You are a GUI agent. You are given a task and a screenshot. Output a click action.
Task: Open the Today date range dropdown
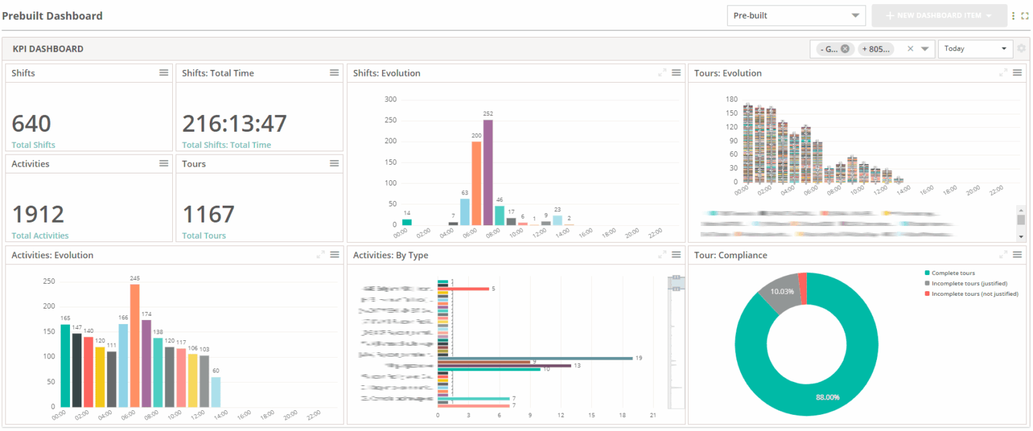pyautogui.click(x=975, y=48)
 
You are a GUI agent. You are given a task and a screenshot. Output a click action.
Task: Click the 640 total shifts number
pyautogui.click(x=32, y=124)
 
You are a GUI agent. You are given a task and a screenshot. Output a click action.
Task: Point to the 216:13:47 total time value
pyautogui.click(x=235, y=124)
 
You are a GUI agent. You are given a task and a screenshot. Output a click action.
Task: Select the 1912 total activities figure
pyautogui.click(x=38, y=214)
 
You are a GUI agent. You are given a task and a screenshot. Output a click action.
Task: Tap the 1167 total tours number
pyautogui.click(x=208, y=214)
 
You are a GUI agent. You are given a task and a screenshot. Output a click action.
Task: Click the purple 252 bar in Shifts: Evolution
pyautogui.click(x=488, y=172)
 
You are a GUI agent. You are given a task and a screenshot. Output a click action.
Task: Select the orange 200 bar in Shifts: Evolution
pyautogui.click(x=476, y=183)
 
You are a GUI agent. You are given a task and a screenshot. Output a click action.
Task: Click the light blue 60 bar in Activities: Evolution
pyautogui.click(x=216, y=391)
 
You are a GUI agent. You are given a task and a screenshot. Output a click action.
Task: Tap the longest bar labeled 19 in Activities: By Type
pyautogui.click(x=535, y=358)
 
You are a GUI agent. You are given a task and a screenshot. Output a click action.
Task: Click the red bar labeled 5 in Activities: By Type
pyautogui.click(x=463, y=289)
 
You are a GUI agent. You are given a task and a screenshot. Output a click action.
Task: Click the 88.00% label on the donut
pyautogui.click(x=827, y=397)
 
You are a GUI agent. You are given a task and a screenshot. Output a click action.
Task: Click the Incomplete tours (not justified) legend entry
pyautogui.click(x=974, y=294)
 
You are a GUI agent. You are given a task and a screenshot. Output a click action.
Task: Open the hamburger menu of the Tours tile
pyautogui.click(x=334, y=163)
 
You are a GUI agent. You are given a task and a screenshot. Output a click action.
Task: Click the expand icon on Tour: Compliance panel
pyautogui.click(x=1003, y=255)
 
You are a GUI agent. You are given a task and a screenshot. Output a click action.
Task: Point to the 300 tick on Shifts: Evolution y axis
pyautogui.click(x=391, y=100)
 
